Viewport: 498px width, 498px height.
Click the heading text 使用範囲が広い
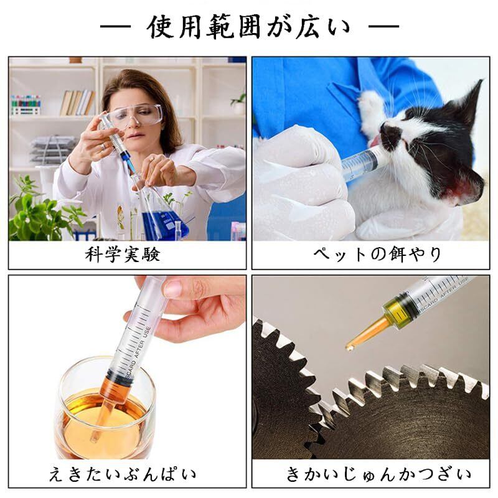click(250, 27)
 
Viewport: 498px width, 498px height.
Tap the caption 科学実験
click(123, 255)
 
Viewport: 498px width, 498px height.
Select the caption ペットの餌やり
click(377, 254)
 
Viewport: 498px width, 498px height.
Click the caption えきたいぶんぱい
click(123, 474)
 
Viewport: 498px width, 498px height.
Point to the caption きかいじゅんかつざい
click(378, 474)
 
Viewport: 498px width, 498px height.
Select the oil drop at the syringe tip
click(349, 347)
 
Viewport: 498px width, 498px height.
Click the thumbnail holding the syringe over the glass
click(172, 288)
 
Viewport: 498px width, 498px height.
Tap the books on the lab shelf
click(77, 103)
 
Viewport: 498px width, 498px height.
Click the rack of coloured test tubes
click(26, 105)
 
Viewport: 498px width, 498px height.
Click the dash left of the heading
click(115, 26)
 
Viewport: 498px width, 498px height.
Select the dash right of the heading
click(383, 26)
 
